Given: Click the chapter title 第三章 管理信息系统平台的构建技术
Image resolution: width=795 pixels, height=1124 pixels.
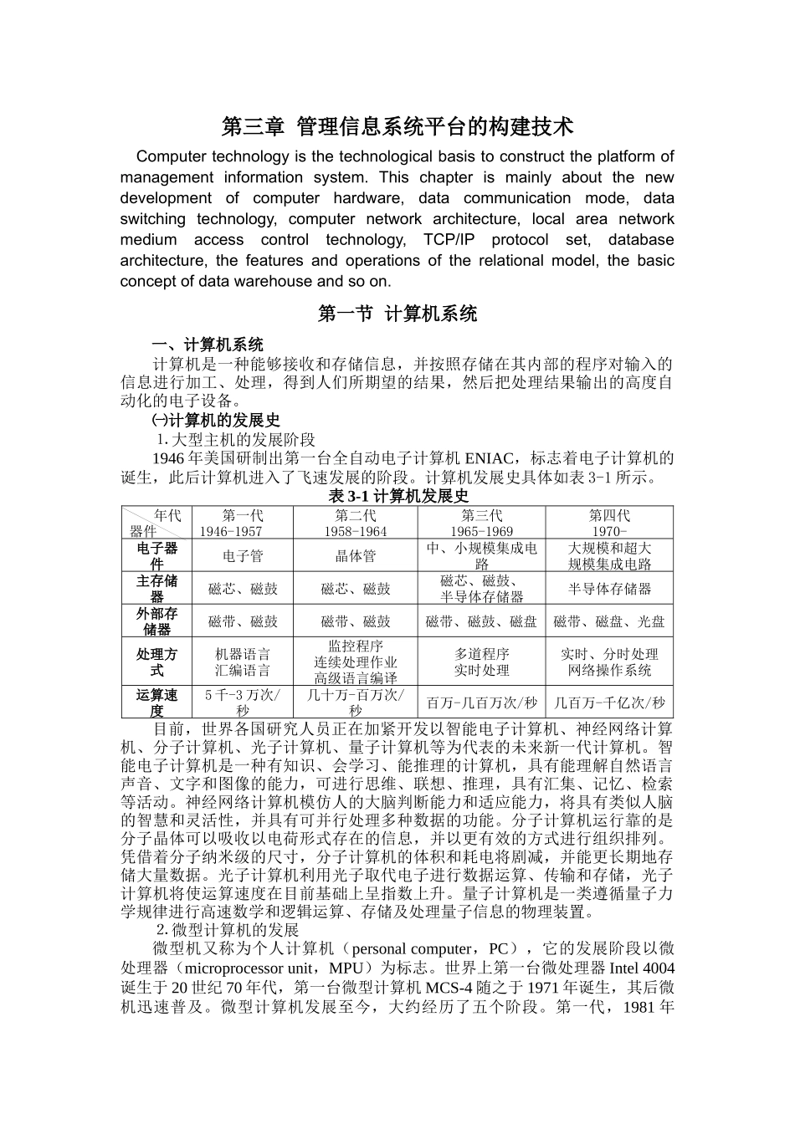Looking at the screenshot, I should pos(397,127).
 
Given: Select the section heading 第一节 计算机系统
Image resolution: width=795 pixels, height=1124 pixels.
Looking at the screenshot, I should pos(397,314).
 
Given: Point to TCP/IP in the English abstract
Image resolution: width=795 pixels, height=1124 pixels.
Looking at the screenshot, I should pos(452,240).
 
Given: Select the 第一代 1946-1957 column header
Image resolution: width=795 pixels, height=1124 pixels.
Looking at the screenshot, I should pos(243,523).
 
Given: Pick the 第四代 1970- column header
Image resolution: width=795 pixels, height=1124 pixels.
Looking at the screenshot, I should pos(608,523).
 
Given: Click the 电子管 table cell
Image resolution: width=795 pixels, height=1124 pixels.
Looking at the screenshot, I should pos(243,555).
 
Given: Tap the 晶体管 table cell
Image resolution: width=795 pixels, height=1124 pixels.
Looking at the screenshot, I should pos(356,555).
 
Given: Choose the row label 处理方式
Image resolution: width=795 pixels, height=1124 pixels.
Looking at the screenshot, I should pos(156,662).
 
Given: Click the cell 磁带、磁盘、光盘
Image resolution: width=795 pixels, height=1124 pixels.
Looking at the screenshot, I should pos(608,621).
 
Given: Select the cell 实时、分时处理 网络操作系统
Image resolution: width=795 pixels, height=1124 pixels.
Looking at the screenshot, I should pos(608,662).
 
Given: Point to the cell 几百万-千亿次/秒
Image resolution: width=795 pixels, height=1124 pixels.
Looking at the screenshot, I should pos(608,702).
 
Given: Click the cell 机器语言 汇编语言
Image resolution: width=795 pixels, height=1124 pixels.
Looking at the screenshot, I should pos(243,662).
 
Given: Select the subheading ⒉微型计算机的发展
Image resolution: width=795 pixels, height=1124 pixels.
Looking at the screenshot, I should pos(227,930).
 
